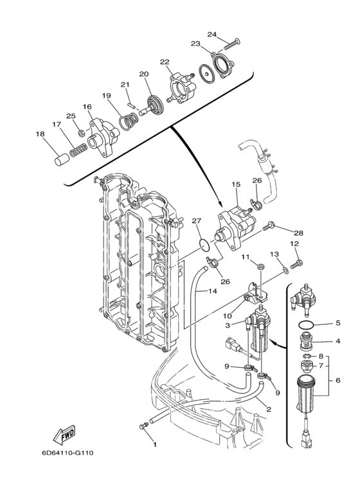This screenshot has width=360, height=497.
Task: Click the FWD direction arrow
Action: [64, 435]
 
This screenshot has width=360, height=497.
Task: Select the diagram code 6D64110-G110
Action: [67, 453]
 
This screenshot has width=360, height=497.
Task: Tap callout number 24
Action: [212, 34]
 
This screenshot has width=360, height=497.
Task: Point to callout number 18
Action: [40, 134]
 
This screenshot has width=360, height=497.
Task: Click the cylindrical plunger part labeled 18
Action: [62, 159]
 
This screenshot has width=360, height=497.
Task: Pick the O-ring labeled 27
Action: [204, 244]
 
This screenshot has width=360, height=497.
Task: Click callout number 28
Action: [298, 233]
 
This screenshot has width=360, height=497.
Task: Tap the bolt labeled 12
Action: [296, 264]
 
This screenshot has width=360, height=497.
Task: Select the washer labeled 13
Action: [285, 270]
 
